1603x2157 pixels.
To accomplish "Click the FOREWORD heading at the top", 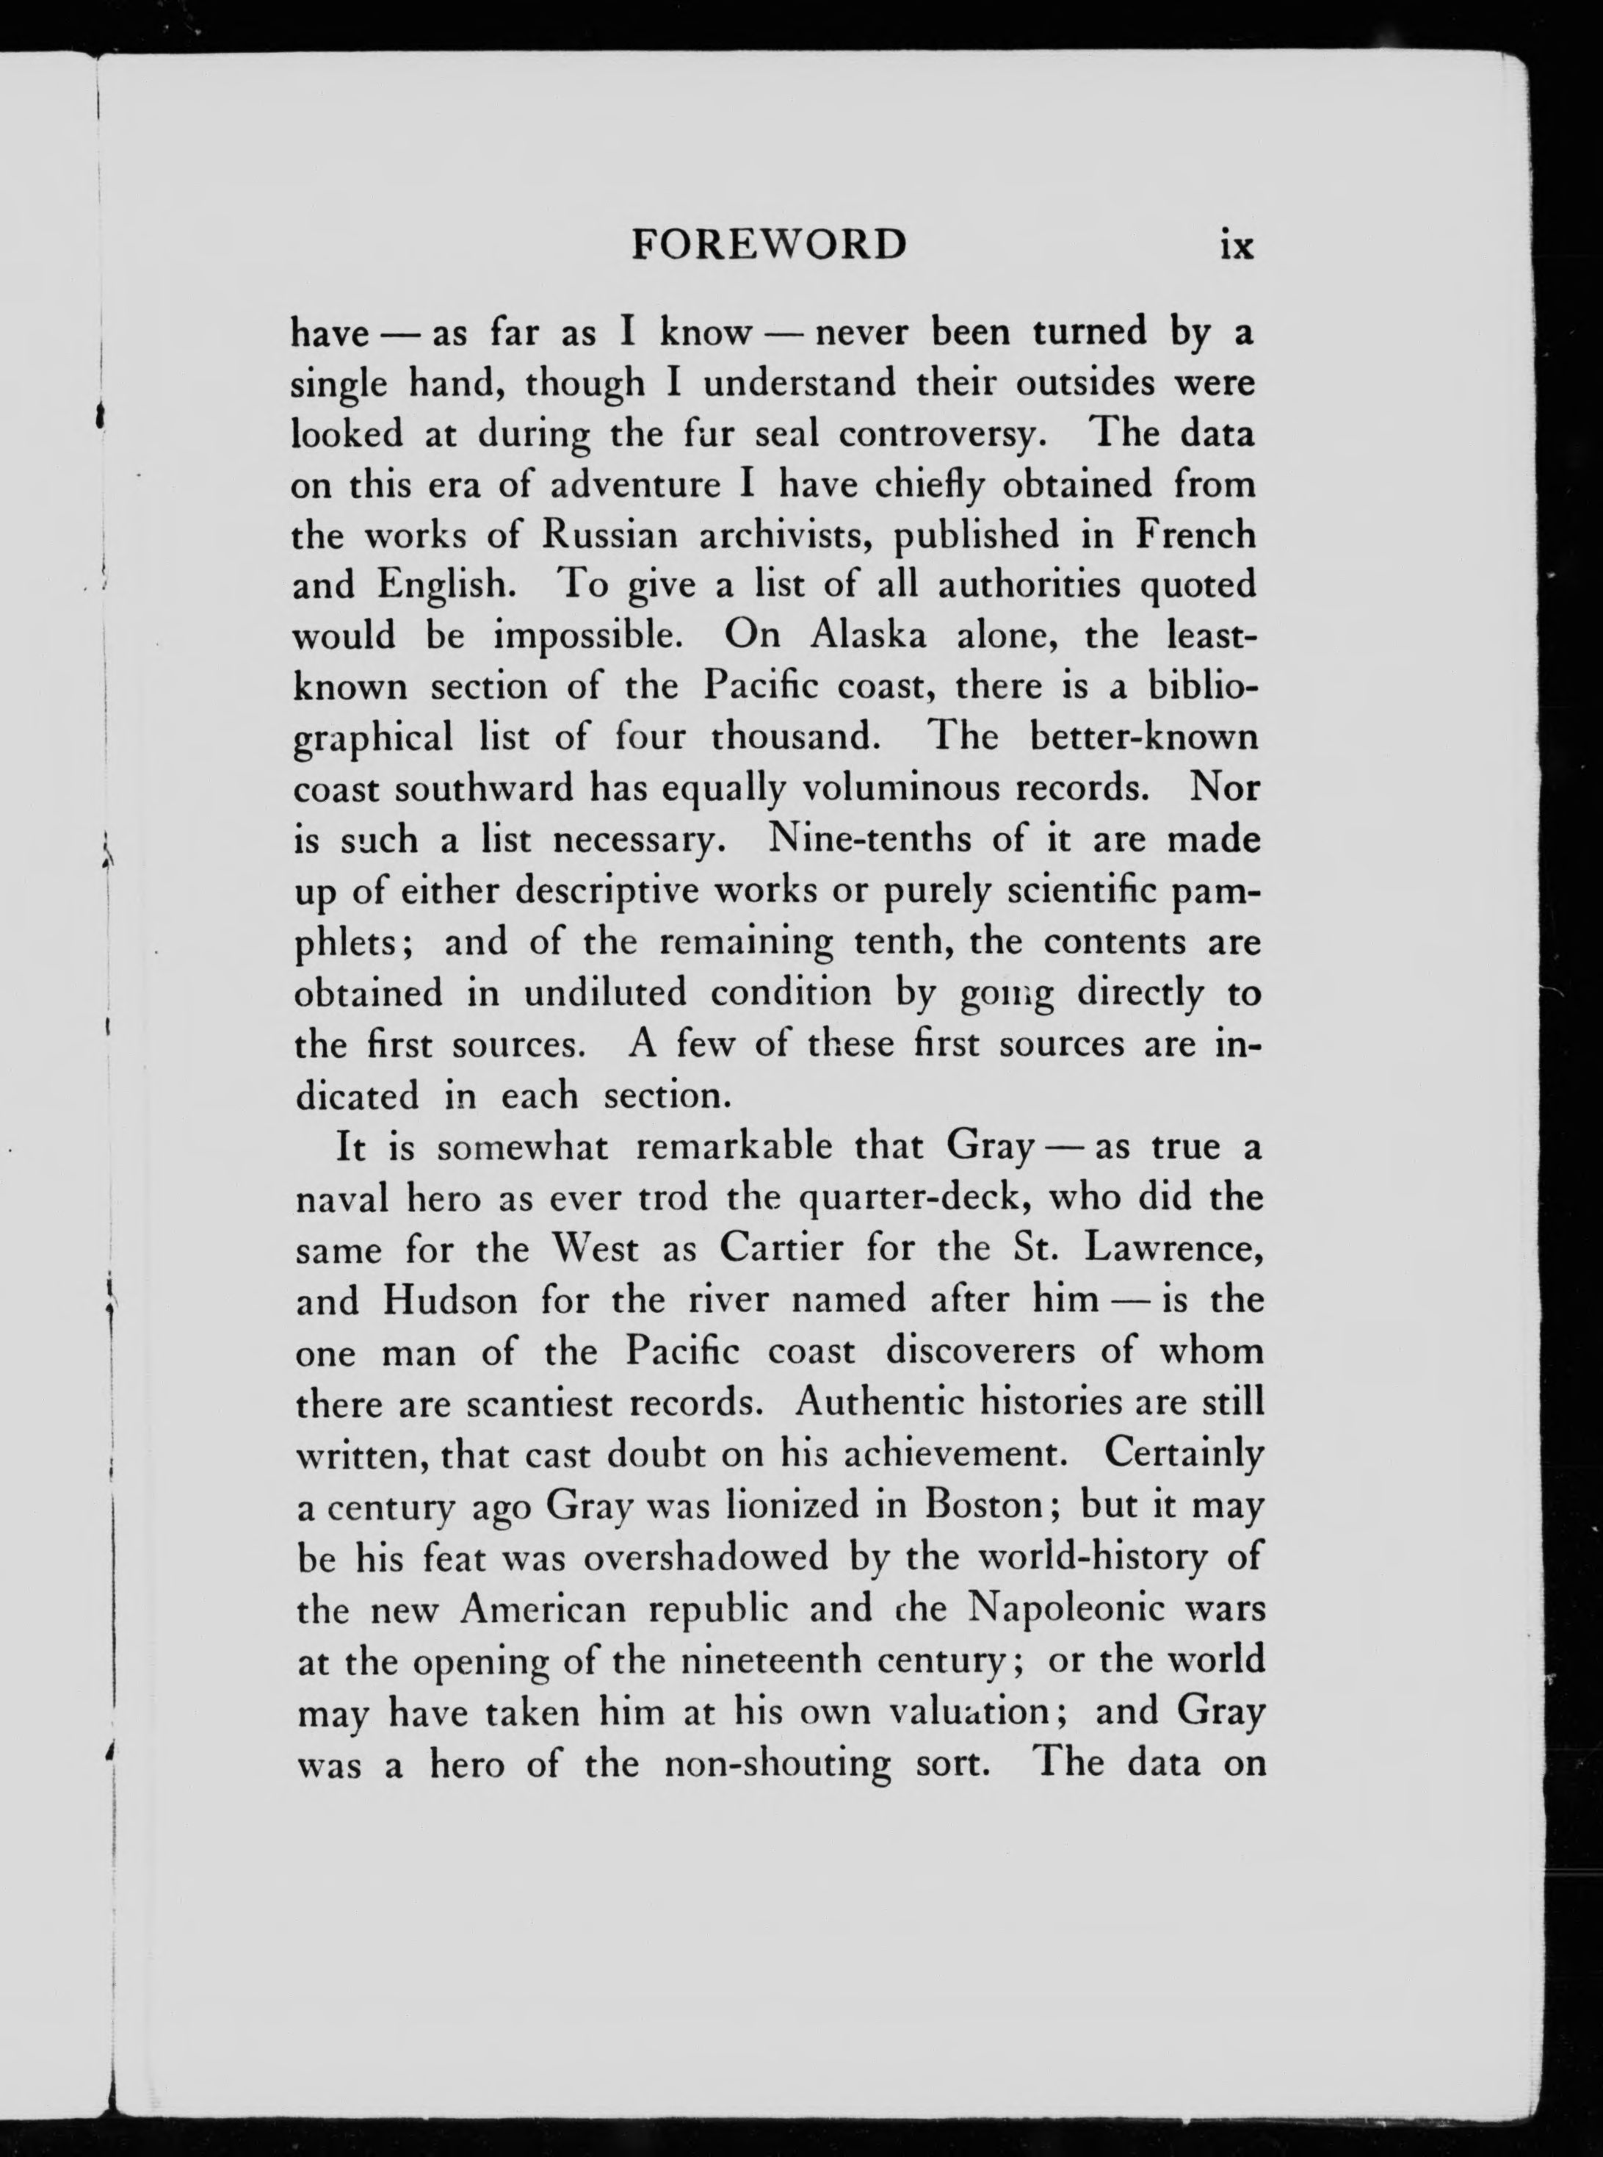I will point(769,244).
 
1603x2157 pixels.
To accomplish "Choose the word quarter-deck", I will point(933,1198).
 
